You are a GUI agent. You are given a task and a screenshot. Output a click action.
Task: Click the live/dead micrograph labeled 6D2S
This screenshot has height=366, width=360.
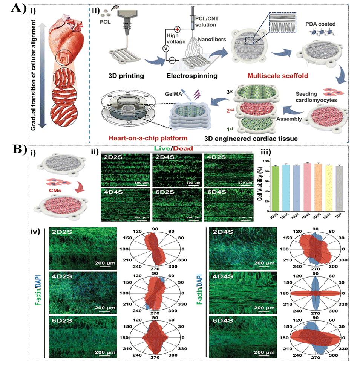(176, 206)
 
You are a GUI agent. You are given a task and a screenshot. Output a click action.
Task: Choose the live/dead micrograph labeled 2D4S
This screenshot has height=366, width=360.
(176, 168)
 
